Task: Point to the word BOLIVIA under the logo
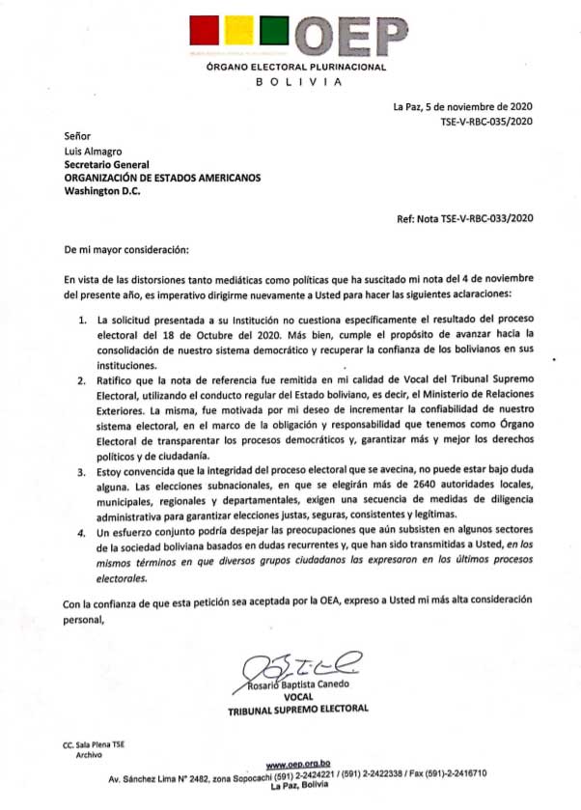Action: [x=296, y=83]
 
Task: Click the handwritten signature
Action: [x=301, y=663]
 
